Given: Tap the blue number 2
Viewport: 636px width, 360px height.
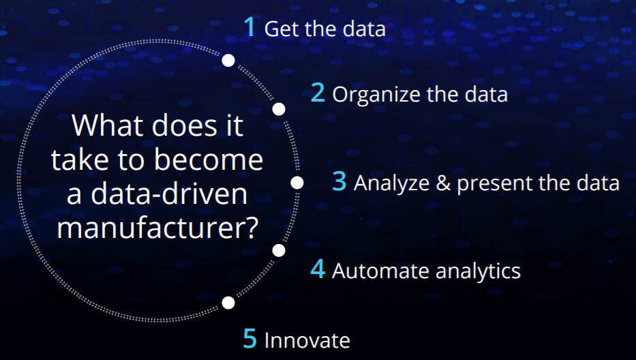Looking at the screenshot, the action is [318, 93].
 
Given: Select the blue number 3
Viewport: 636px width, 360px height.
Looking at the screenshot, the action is [339, 181].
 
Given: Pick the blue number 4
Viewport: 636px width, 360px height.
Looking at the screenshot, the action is [318, 269].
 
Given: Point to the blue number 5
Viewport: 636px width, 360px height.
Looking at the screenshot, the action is [250, 338].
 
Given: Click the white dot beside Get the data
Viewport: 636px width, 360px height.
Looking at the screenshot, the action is [228, 61].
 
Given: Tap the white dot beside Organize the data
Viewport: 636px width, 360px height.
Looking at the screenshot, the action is [279, 109].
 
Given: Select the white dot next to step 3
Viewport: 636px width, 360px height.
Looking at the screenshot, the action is [297, 183].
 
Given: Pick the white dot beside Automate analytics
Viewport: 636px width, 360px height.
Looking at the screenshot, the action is [279, 250].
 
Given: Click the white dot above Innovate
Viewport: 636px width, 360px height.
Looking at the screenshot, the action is [228, 302].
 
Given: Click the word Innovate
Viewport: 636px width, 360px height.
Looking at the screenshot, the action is [307, 340].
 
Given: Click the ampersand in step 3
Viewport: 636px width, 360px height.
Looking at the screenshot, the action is [443, 183].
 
